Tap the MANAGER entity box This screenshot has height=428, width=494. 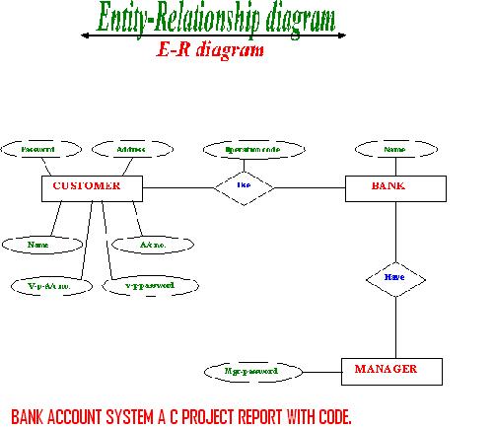click(387, 371)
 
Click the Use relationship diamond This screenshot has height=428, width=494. click(244, 185)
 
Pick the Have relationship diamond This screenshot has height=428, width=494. click(393, 279)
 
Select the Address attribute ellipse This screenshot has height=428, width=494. click(130, 150)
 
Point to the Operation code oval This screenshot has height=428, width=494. click(241, 150)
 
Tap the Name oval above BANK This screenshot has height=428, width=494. click(394, 150)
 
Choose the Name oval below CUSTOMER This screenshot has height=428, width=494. click(38, 244)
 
